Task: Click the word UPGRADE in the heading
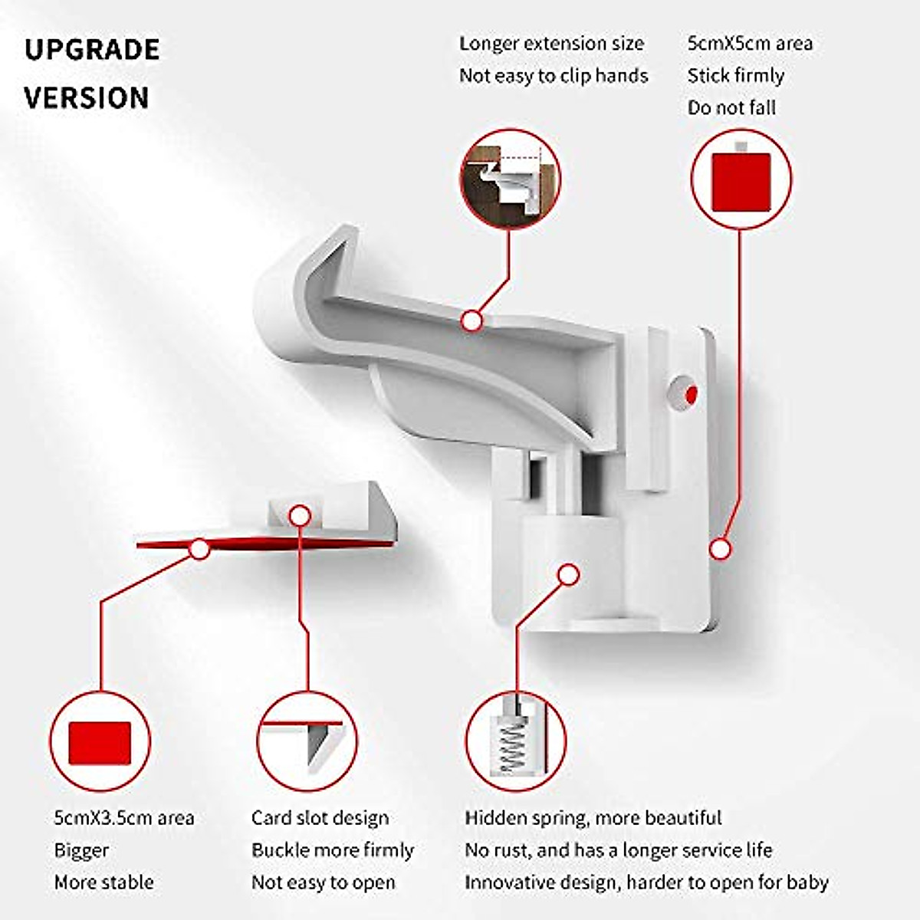click(92, 50)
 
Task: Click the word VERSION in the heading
click(87, 98)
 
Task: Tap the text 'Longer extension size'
click(551, 44)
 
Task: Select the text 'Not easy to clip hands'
click(554, 76)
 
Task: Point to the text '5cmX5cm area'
click(749, 44)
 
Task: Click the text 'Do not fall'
click(731, 108)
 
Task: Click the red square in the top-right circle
click(741, 182)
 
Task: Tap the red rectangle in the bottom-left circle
click(100, 742)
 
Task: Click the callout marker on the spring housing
click(568, 574)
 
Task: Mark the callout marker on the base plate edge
click(719, 549)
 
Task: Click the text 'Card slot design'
click(320, 818)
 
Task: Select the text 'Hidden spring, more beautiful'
click(593, 818)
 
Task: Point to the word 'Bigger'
click(81, 851)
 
